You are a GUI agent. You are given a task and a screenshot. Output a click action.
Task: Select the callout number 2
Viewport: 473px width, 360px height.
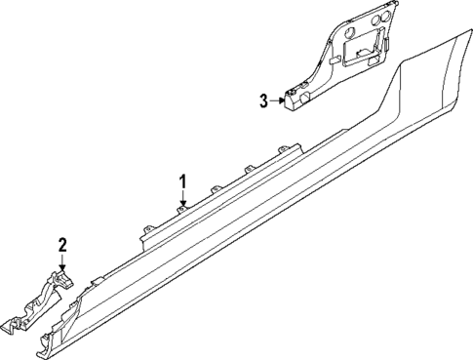click(61, 245)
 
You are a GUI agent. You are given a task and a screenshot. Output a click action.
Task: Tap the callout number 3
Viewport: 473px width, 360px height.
click(263, 100)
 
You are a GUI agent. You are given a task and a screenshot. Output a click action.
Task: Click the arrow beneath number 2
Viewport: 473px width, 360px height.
click(61, 261)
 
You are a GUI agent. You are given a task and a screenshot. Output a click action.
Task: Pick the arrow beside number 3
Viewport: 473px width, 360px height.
click(278, 100)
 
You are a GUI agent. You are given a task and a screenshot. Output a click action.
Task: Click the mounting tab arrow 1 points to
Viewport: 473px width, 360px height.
click(181, 206)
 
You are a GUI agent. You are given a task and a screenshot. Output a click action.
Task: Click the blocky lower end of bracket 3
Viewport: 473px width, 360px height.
click(296, 99)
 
